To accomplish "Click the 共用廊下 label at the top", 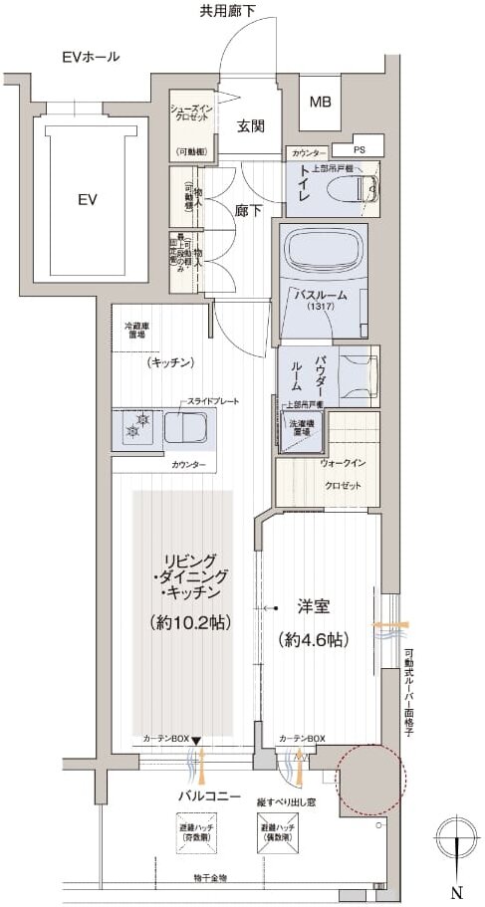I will tap(227, 11).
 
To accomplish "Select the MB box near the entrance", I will tap(320, 102).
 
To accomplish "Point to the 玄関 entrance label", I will tap(250, 125).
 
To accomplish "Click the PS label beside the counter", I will tap(360, 150).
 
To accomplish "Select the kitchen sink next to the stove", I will tap(186, 429).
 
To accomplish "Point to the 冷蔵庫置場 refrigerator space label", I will tap(139, 330).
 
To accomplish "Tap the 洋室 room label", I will tap(317, 604).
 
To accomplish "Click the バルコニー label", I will tap(206, 795).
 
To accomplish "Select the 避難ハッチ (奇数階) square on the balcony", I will tap(196, 832).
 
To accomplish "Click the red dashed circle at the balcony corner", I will tap(370, 778).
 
